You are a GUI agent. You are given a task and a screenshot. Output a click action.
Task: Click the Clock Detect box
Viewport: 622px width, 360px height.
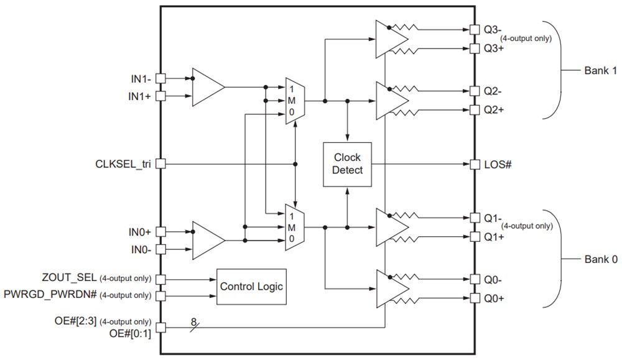coord(348,164)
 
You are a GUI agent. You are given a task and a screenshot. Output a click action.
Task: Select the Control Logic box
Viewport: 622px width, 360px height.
coord(251,286)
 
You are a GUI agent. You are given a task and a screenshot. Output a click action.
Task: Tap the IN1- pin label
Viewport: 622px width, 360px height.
coord(140,79)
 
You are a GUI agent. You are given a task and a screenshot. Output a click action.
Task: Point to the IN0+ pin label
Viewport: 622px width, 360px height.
coord(140,231)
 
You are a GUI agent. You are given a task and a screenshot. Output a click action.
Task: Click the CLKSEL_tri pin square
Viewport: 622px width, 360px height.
coord(160,164)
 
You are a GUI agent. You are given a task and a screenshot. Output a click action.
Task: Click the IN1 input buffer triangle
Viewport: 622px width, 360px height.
coord(207,87)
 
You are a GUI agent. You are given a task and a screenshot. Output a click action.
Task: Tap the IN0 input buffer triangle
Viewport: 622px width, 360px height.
coord(207,240)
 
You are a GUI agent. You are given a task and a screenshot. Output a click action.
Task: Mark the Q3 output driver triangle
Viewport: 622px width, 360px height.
coord(391,39)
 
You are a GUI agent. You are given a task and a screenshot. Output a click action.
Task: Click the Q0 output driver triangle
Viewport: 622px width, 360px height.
coord(391,288)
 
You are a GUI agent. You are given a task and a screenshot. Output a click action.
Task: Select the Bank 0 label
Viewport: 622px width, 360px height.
coord(600,259)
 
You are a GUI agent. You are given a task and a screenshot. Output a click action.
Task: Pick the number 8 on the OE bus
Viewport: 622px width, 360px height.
coord(193,322)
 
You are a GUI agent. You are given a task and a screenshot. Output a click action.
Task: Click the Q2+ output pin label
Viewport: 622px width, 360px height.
coord(494,109)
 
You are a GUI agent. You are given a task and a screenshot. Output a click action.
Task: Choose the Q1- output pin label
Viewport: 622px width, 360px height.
coord(493,218)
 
